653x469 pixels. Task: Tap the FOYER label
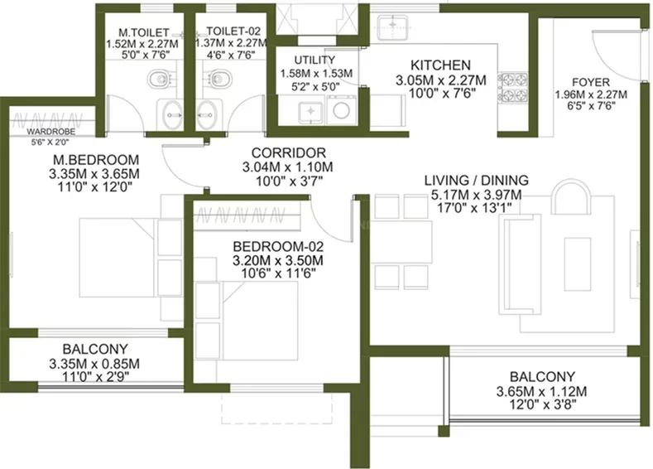click(591, 82)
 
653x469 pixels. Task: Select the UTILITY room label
click(314, 60)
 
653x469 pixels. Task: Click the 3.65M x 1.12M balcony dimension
click(547, 391)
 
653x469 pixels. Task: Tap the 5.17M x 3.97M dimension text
click(476, 194)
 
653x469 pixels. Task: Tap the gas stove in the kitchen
click(507, 83)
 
